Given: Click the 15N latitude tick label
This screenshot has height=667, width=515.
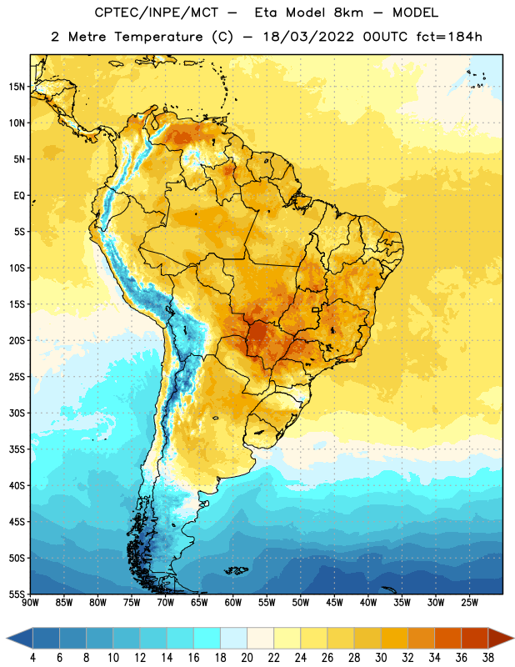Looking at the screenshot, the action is [17, 87].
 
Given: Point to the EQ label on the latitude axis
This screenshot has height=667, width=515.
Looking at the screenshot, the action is [19, 196].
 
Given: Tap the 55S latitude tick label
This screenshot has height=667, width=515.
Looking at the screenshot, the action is [17, 594].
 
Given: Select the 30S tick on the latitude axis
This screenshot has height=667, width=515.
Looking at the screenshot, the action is [17, 413].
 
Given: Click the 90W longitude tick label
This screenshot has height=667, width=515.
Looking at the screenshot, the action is [30, 603].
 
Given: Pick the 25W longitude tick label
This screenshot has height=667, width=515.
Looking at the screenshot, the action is [469, 603].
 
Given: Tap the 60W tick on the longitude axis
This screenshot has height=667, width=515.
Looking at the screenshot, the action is [233, 603].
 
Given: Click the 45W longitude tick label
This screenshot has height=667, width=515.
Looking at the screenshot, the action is [334, 603].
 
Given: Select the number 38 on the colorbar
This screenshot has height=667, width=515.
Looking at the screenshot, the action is [487, 658].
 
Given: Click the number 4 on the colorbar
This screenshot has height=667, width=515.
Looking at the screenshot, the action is [32, 658].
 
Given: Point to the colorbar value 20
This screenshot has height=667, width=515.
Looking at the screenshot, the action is [247, 658].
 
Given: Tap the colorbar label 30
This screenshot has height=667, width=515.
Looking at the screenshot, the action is [381, 658].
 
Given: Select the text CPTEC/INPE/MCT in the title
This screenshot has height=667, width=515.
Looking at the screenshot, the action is [157, 13].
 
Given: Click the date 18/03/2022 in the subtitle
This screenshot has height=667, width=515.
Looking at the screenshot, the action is [308, 37].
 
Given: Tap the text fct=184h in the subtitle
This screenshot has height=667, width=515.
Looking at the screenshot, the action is [449, 37].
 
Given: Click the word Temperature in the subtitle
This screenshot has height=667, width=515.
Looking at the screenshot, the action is [158, 37].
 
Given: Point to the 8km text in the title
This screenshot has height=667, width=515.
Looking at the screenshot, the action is [348, 13].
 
